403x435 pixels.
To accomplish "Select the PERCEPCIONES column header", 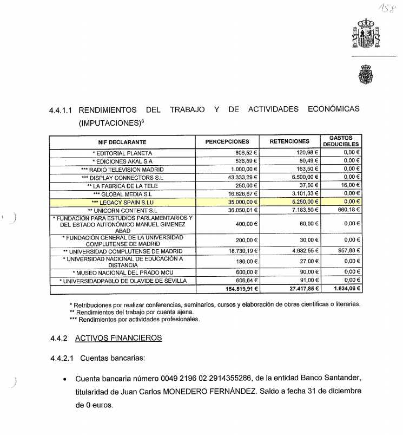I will tap(227, 141).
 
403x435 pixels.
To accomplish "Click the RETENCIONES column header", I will tap(289, 141).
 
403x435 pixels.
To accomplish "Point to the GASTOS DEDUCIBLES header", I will tap(341, 141).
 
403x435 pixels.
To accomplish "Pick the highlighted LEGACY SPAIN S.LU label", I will tap(122, 202).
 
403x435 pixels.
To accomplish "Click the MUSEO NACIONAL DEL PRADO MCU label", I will tap(122, 272).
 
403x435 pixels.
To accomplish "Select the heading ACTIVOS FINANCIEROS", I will tap(118, 338).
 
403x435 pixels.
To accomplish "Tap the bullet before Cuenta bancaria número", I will tap(65, 379).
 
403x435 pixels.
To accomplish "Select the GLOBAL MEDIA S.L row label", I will tap(122, 193).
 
